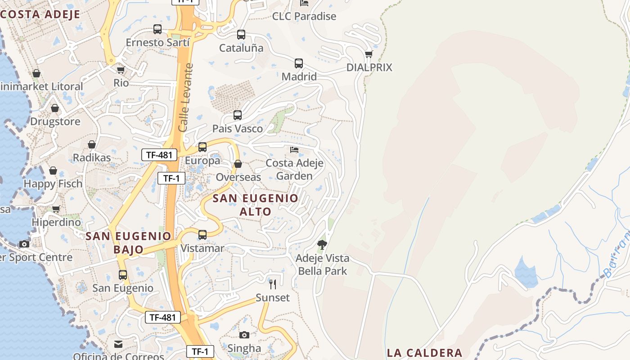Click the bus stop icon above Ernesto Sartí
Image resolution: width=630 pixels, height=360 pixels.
(x=157, y=29)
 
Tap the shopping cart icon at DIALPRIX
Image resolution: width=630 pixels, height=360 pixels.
(x=369, y=54)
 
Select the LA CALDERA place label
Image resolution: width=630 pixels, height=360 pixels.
(x=425, y=353)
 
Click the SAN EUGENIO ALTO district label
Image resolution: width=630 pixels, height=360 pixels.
(x=255, y=205)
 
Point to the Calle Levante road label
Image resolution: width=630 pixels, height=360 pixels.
(x=186, y=98)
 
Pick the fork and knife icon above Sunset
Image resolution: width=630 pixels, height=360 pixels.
(x=273, y=284)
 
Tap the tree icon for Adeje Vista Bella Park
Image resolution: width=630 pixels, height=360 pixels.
(x=322, y=245)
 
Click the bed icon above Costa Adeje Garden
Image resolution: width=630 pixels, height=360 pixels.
(x=294, y=149)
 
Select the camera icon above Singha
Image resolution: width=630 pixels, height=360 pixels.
(x=244, y=335)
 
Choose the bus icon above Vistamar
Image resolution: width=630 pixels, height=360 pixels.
(x=202, y=235)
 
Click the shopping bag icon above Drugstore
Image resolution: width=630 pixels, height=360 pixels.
(x=55, y=108)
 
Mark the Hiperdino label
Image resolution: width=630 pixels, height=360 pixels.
(x=56, y=222)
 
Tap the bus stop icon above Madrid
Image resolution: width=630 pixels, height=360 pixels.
(x=299, y=63)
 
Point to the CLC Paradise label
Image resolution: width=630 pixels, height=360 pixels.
(x=304, y=16)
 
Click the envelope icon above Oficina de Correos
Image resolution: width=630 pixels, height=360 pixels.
(x=118, y=344)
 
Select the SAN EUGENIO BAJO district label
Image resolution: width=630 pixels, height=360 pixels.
(x=129, y=243)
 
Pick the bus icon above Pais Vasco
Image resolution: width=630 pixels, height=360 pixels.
(x=238, y=115)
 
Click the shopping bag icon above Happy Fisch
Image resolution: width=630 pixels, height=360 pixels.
(x=53, y=171)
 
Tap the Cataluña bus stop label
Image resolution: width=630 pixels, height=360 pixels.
(x=241, y=48)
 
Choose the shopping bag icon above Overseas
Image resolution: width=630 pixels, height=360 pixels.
(x=238, y=164)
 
